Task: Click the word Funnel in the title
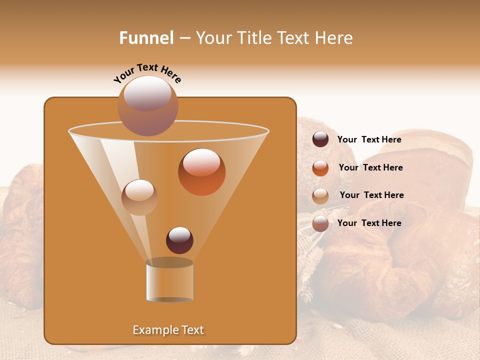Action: click(x=146, y=38)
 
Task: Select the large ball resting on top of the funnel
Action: click(x=147, y=106)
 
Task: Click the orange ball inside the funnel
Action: click(x=201, y=172)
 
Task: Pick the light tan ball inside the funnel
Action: click(x=139, y=197)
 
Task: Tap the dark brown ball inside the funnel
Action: click(x=179, y=240)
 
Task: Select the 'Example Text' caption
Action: click(x=168, y=330)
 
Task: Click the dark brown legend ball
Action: click(x=320, y=139)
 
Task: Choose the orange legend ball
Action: click(x=320, y=168)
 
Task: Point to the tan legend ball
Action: click(x=320, y=196)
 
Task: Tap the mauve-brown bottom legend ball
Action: click(x=320, y=223)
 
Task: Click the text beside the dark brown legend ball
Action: click(x=369, y=140)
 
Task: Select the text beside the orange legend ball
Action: click(x=370, y=168)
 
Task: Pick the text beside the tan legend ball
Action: click(x=371, y=195)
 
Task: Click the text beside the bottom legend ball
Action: click(x=369, y=223)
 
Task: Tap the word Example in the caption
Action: click(x=152, y=330)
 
